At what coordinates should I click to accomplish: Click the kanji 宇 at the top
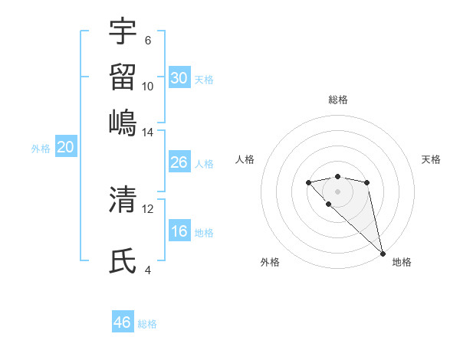[x=123, y=31]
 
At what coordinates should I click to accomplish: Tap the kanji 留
[x=123, y=77]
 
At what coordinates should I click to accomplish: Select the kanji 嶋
[x=123, y=122]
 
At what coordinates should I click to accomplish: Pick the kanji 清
[x=123, y=200]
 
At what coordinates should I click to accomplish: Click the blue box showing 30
[x=179, y=77]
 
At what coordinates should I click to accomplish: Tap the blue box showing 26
[x=179, y=162]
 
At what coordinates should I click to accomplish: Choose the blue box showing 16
[x=179, y=231]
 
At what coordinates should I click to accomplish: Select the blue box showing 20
[x=65, y=148]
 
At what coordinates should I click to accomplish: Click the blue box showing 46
[x=123, y=322]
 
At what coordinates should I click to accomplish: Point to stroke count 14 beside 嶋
[x=147, y=133]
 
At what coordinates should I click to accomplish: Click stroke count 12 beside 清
[x=147, y=208]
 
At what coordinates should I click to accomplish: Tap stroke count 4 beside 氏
[x=147, y=270]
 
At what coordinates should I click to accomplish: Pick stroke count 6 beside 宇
[x=147, y=41]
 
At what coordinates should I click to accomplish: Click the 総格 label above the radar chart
[x=337, y=100]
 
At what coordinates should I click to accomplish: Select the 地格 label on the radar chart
[x=402, y=262]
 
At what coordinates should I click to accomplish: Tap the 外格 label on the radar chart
[x=270, y=262]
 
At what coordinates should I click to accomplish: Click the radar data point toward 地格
[x=383, y=254]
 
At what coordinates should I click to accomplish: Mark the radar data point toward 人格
[x=308, y=182]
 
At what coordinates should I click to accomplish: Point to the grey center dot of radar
[x=337, y=191]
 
